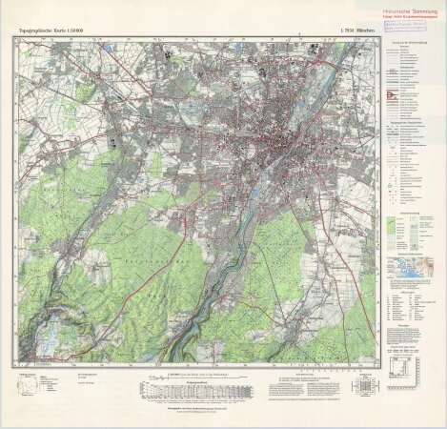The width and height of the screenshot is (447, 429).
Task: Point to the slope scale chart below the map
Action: tap(181, 390)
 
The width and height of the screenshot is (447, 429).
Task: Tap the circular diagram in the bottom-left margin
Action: tap(26, 386)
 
